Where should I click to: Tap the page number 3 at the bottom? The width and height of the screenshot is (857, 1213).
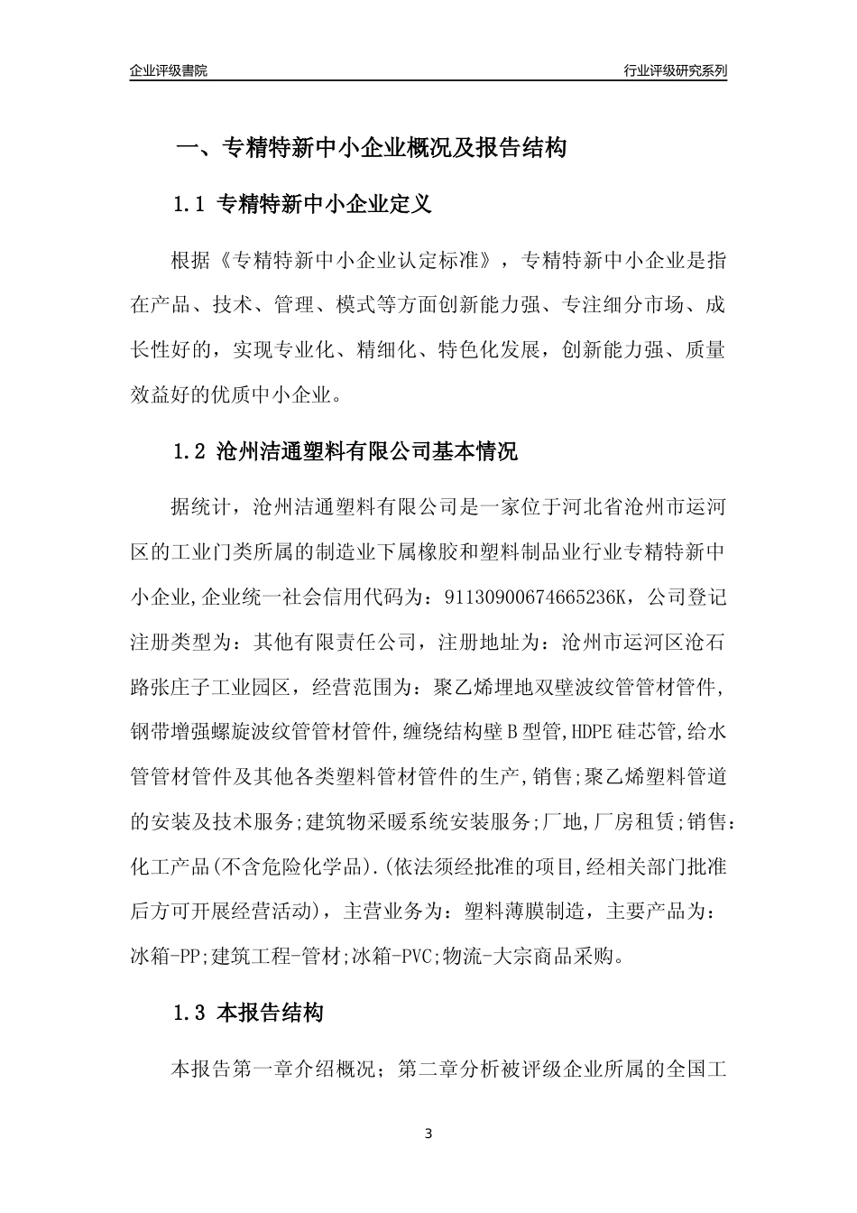tap(428, 1134)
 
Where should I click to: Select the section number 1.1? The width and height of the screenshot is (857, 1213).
tap(190, 204)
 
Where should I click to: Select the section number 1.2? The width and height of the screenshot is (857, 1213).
tap(190, 451)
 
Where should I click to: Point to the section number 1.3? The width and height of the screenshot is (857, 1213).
tap(190, 1013)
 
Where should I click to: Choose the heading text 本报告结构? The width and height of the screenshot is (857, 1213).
tap(271, 1013)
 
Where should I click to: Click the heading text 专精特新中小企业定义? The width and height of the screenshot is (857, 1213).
tap(325, 204)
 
